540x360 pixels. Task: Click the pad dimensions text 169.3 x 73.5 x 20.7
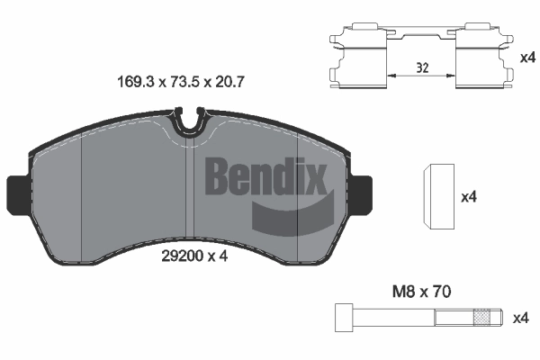181,82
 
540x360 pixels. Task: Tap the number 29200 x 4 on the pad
194,256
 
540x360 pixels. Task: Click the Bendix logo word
265,175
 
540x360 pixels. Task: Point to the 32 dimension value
422,67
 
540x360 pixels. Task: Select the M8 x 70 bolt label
421,292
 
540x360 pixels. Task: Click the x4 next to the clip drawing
527,58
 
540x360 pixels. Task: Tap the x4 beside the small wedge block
469,197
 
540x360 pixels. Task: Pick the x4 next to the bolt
520,319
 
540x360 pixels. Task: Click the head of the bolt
344,318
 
